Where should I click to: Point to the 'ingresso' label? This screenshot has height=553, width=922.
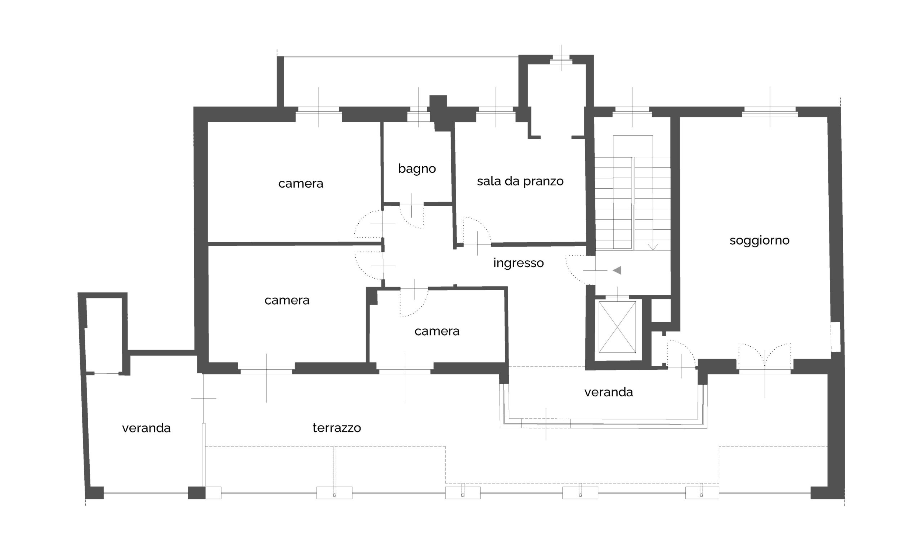(518, 263)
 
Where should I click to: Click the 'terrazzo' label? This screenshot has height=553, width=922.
(336, 428)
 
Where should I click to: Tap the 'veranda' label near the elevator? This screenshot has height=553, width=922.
(608, 392)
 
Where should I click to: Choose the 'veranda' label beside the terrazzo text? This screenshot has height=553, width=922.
(146, 428)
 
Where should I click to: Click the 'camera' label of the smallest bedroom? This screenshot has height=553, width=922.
(437, 331)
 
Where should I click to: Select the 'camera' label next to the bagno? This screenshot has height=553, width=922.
(301, 184)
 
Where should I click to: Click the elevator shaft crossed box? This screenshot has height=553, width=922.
(617, 327)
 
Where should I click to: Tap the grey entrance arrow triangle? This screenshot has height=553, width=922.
(617, 270)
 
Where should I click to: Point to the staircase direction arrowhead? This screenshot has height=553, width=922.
(653, 247)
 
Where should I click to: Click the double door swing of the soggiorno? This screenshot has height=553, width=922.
(765, 355)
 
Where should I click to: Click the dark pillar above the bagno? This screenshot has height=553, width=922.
(438, 113)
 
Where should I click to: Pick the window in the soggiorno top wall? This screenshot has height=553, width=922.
(770, 112)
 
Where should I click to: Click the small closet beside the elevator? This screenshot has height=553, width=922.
(661, 310)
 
